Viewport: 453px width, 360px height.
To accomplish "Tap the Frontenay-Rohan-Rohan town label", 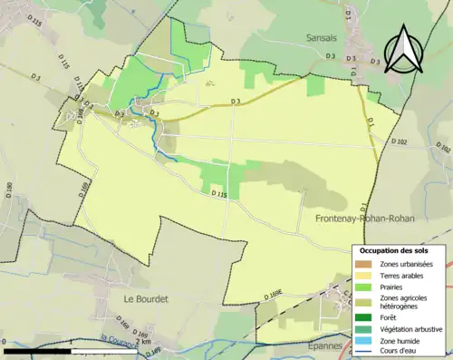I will click(x=373, y=219).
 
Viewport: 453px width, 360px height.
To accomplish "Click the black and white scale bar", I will click(x=72, y=350).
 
